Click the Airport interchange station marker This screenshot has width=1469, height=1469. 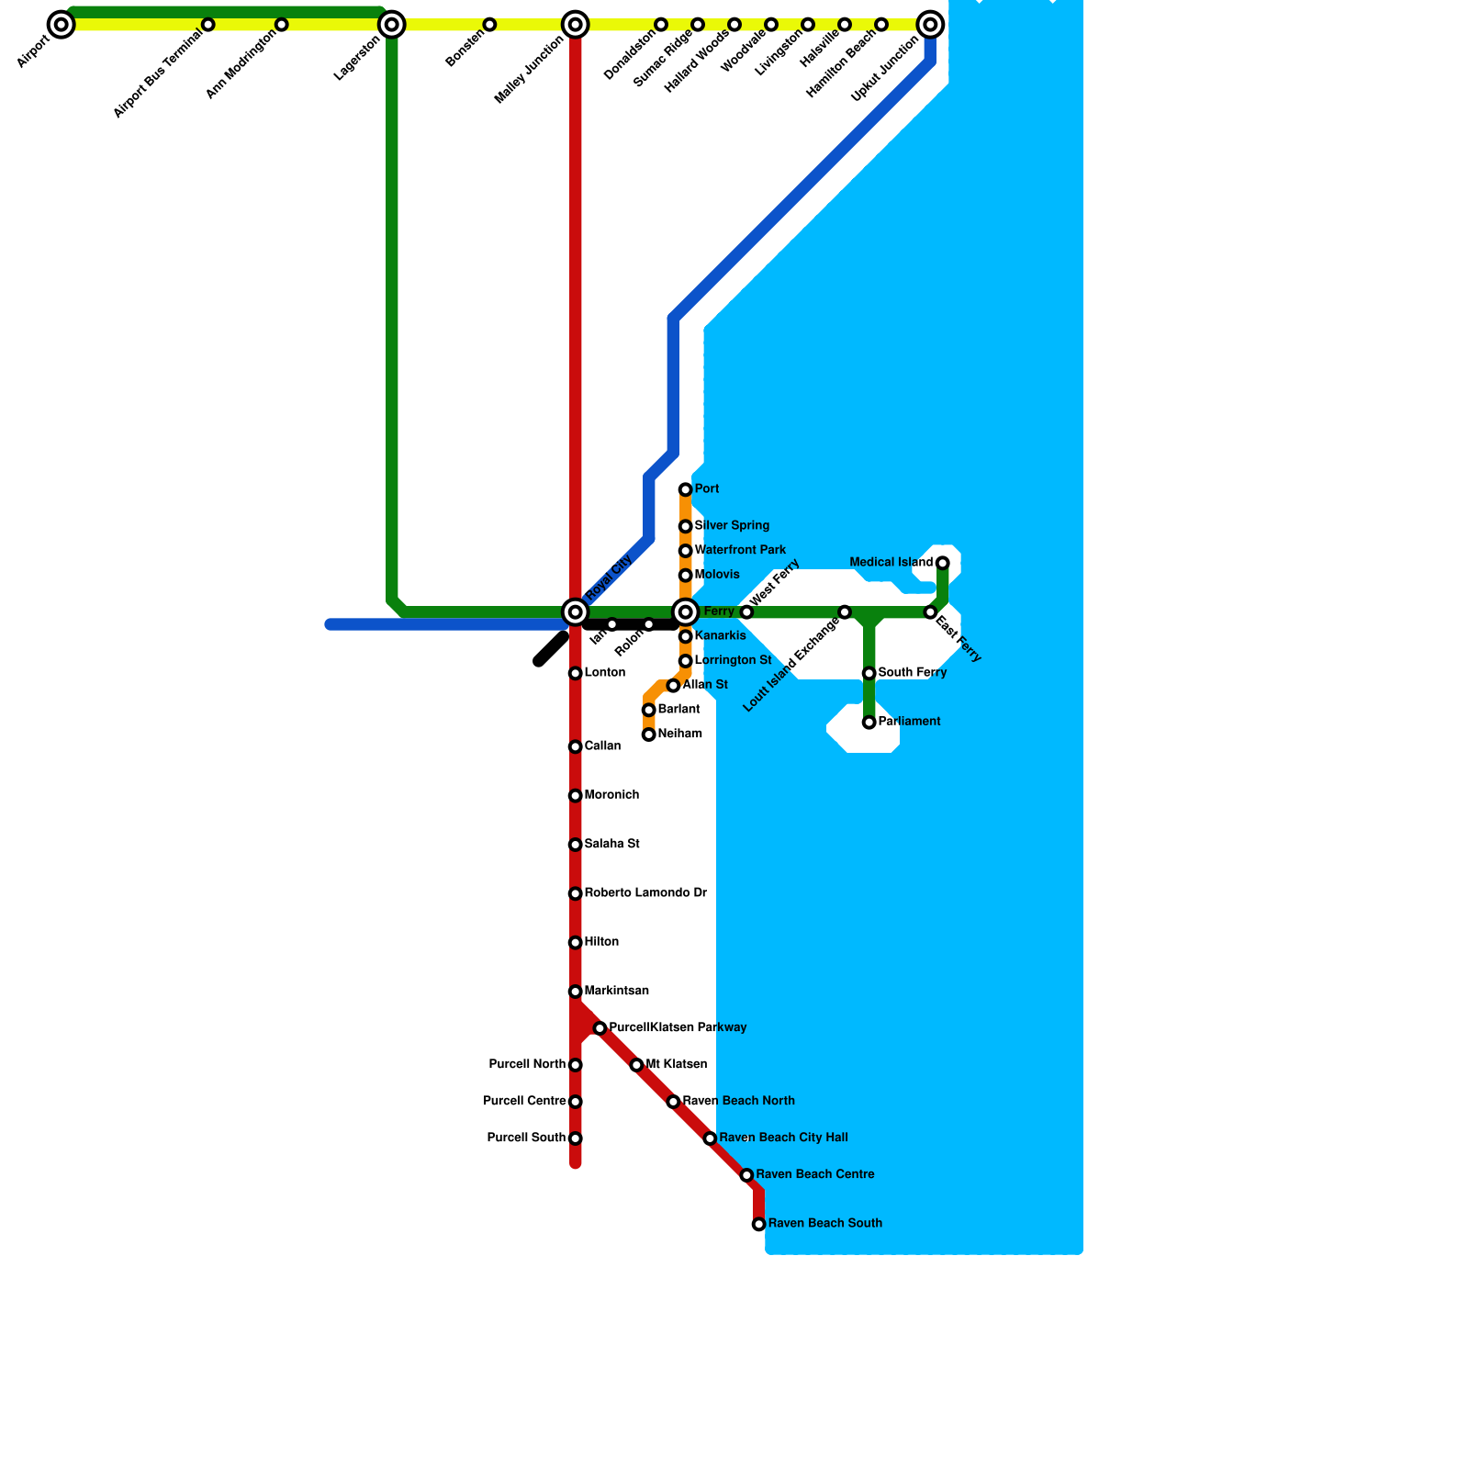coord(62,25)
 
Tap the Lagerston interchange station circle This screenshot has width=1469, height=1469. coord(392,25)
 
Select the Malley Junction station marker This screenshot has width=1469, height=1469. coord(576,25)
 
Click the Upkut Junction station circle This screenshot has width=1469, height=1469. coord(930,25)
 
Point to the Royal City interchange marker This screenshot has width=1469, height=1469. coord(576,612)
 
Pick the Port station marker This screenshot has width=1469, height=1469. coord(686,490)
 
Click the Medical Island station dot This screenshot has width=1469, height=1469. coord(943,563)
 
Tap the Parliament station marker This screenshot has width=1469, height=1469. coord(869,723)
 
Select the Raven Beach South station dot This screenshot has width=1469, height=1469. coord(759,1224)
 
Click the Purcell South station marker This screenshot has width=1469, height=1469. coord(576,1138)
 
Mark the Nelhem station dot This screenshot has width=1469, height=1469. coord(649,734)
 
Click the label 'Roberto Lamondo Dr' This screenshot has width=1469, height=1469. coord(645,893)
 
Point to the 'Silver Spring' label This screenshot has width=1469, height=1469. coord(732,526)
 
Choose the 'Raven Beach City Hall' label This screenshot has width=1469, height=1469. coord(783,1138)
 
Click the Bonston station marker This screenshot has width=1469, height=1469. coord(489,25)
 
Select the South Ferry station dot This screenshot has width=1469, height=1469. coord(869,674)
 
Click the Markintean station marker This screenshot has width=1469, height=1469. coord(576,992)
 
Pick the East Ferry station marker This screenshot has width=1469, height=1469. coord(930,612)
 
